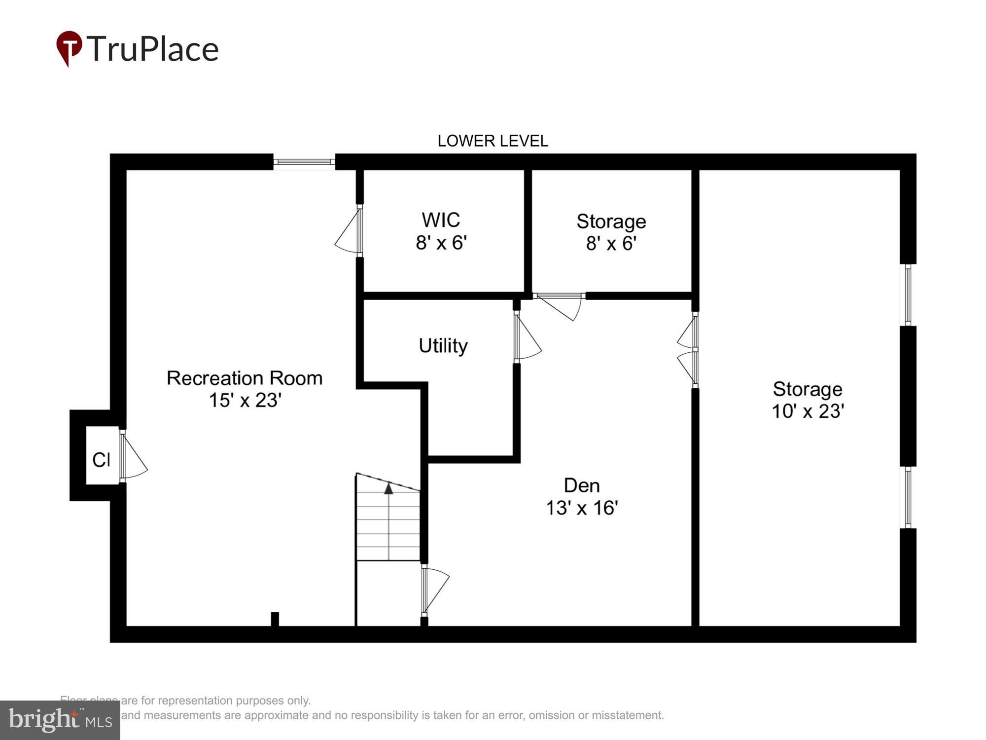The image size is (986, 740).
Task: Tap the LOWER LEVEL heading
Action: point(493,141)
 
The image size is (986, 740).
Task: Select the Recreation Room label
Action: point(245,378)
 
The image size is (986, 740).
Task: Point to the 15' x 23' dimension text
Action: point(245,400)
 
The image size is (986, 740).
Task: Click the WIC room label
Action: point(441,220)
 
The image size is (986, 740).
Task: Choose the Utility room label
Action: point(443,346)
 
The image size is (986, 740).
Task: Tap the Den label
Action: point(582,485)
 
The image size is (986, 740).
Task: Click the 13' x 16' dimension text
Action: point(582,508)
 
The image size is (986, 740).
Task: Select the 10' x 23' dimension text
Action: point(808,411)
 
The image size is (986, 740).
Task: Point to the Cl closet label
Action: point(101,460)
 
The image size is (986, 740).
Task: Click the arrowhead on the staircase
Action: point(388,488)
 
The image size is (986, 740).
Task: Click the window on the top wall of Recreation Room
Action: point(304,162)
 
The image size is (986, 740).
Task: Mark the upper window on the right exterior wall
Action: point(908,295)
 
